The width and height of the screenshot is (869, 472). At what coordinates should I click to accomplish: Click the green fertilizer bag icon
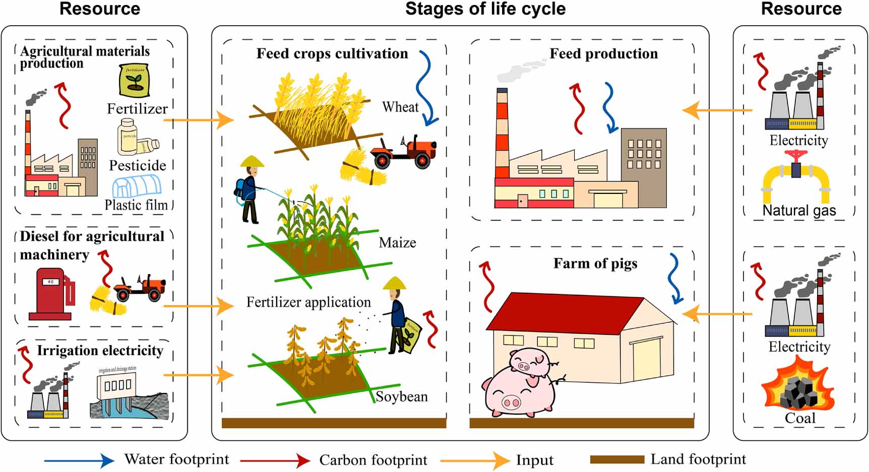pos(135,81)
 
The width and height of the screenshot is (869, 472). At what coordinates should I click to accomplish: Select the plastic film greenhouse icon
pos(137,187)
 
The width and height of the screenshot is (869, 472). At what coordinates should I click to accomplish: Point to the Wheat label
pos(400,107)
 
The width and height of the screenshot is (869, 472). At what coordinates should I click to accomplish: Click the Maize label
pos(397,243)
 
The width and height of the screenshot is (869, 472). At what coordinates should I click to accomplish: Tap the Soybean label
pos(402,396)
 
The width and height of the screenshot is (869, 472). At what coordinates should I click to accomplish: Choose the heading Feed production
pos(603,53)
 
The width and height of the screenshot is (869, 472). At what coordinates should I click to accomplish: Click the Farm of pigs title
pos(595,263)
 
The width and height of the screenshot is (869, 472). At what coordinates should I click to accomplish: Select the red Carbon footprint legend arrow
pos(275,460)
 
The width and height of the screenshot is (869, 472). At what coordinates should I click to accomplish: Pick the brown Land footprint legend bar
pos(616,459)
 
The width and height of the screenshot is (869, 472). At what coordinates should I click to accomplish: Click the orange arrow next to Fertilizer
pos(199,120)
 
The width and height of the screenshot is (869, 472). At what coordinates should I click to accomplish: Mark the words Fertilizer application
pos(308,302)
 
